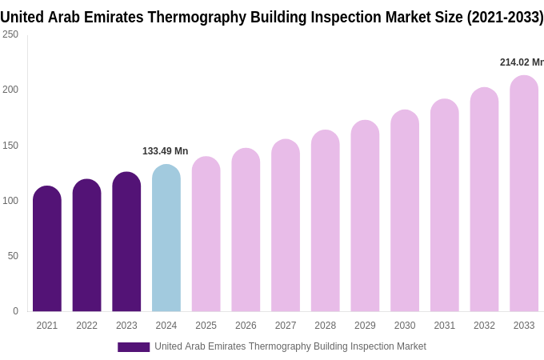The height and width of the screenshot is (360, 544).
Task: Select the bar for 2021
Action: click(x=47, y=250)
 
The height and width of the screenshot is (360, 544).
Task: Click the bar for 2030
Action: click(x=405, y=211)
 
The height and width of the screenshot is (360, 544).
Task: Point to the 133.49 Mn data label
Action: click(x=165, y=151)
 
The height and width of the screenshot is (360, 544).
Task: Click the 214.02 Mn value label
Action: click(x=521, y=62)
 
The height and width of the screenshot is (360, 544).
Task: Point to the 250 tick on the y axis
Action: click(x=10, y=34)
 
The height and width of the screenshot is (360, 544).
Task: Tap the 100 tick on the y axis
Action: click(x=10, y=201)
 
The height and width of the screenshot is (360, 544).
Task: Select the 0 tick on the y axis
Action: click(x=15, y=311)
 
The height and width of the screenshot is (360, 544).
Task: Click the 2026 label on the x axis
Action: click(x=246, y=326)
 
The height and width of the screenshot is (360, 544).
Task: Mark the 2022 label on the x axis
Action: click(x=86, y=326)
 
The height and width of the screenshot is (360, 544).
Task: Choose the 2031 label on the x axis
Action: click(x=445, y=326)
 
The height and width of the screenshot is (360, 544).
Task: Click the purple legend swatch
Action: click(x=134, y=347)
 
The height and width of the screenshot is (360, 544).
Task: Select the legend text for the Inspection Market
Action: click(x=290, y=346)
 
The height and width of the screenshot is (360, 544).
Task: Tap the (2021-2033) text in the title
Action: click(x=505, y=17)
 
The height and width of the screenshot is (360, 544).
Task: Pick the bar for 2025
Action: click(x=206, y=234)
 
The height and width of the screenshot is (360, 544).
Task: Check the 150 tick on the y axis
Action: click(x=10, y=146)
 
